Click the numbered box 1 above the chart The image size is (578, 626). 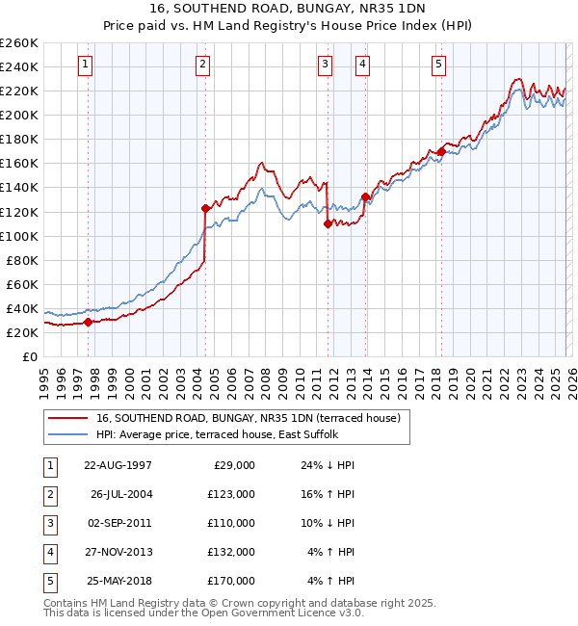click(86, 65)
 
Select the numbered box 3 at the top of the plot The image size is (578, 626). click(326, 65)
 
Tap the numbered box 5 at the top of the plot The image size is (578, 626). click(438, 65)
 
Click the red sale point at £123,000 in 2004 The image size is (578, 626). click(205, 208)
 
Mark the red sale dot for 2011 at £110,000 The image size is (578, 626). click(328, 223)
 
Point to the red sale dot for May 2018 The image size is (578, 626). click(441, 151)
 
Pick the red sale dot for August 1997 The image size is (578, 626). click(88, 322)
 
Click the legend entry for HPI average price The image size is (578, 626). click(217, 434)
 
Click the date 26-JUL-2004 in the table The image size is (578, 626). click(121, 495)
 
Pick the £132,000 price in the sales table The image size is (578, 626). click(232, 552)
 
